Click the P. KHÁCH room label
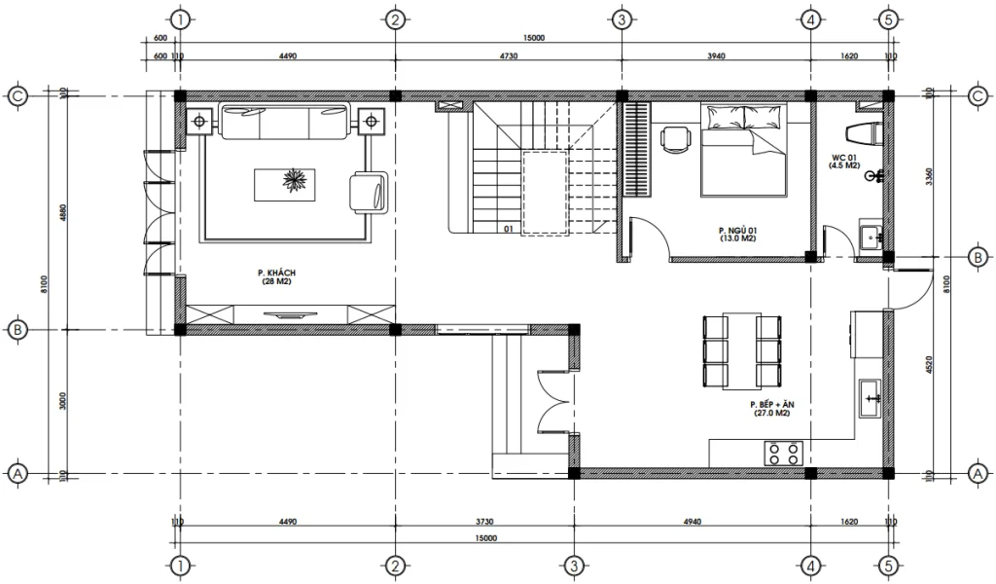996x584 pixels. tap(275, 276)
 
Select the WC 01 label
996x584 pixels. tap(842, 162)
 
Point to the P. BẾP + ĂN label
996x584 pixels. tap(769, 408)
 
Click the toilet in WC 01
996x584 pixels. tap(865, 132)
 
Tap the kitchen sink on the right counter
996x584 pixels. tap(871, 394)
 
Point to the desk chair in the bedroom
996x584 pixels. tap(674, 139)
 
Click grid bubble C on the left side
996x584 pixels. tap(17, 95)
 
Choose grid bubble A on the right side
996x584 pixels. tap(977, 473)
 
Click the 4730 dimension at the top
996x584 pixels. tap(507, 56)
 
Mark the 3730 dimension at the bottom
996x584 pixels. tap(483, 522)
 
